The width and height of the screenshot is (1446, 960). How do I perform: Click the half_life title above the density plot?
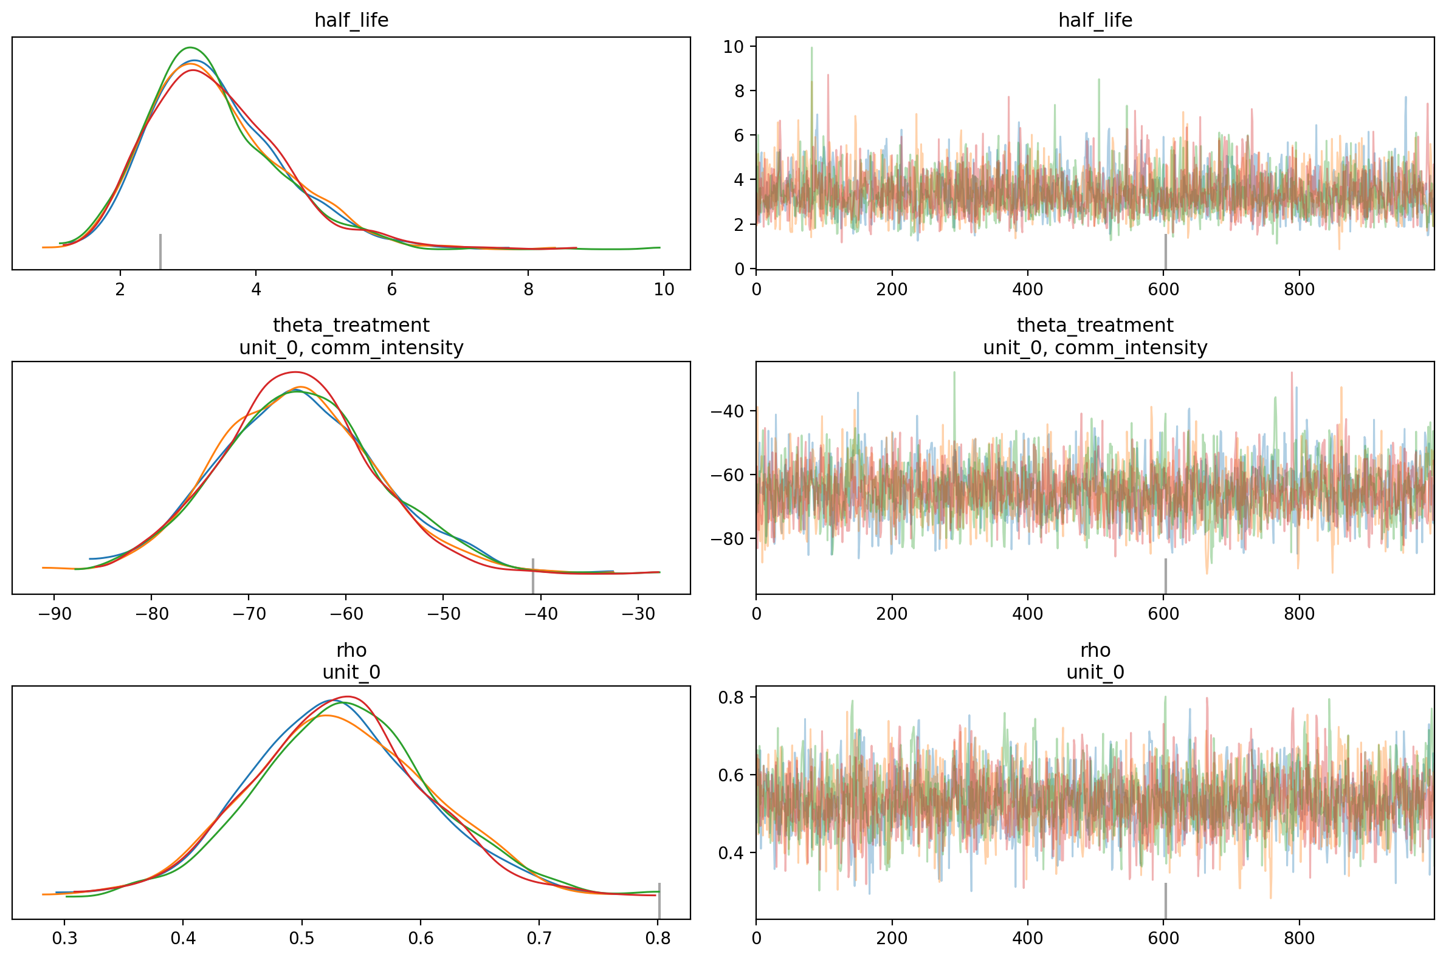click(x=351, y=20)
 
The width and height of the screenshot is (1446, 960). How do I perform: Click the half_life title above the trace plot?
click(x=1095, y=20)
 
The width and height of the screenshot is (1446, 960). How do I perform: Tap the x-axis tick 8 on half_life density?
click(x=528, y=289)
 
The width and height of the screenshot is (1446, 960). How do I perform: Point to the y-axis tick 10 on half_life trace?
click(x=733, y=47)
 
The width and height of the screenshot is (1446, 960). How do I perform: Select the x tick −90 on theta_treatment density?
click(x=54, y=614)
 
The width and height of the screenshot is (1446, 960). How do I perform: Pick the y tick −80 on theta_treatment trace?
click(x=727, y=539)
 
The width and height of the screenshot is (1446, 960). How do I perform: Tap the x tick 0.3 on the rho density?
click(x=64, y=939)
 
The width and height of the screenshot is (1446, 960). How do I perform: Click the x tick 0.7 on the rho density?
click(x=539, y=939)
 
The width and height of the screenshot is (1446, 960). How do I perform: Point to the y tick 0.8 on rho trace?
click(x=731, y=698)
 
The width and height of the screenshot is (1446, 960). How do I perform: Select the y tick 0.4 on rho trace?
click(x=731, y=852)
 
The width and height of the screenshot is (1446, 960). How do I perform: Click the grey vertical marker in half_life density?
click(x=160, y=251)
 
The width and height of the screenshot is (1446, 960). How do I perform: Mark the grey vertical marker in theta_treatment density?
click(x=533, y=575)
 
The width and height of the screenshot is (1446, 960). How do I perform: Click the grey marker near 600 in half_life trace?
click(x=1166, y=251)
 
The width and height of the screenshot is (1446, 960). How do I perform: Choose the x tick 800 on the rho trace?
click(x=1299, y=939)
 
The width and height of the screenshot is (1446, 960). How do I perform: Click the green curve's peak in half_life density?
click(x=190, y=48)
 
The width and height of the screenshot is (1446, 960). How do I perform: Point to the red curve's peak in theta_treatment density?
click(x=295, y=372)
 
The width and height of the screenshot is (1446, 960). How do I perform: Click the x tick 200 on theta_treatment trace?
click(x=892, y=614)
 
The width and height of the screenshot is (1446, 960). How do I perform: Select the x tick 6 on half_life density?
click(x=392, y=289)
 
